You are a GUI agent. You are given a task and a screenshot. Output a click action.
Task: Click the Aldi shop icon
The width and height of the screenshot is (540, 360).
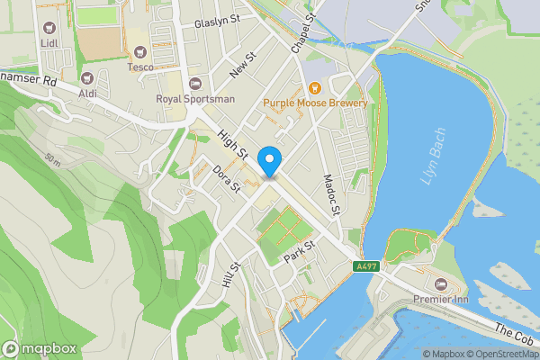(x=86, y=79)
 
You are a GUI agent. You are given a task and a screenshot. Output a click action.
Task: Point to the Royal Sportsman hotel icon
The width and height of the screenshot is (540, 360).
(x=195, y=84)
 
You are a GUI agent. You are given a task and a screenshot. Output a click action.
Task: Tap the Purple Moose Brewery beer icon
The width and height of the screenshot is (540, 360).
(x=315, y=87)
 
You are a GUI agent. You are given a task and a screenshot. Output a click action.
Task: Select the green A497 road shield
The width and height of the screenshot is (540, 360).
(x=365, y=266)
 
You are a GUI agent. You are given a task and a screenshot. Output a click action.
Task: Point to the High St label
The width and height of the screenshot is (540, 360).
(x=231, y=144)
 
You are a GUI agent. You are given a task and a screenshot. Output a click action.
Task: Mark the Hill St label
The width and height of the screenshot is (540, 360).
(x=231, y=274)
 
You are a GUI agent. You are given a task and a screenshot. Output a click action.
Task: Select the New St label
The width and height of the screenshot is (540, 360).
(x=243, y=64)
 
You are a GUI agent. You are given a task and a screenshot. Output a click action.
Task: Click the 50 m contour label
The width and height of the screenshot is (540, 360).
(x=52, y=159)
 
